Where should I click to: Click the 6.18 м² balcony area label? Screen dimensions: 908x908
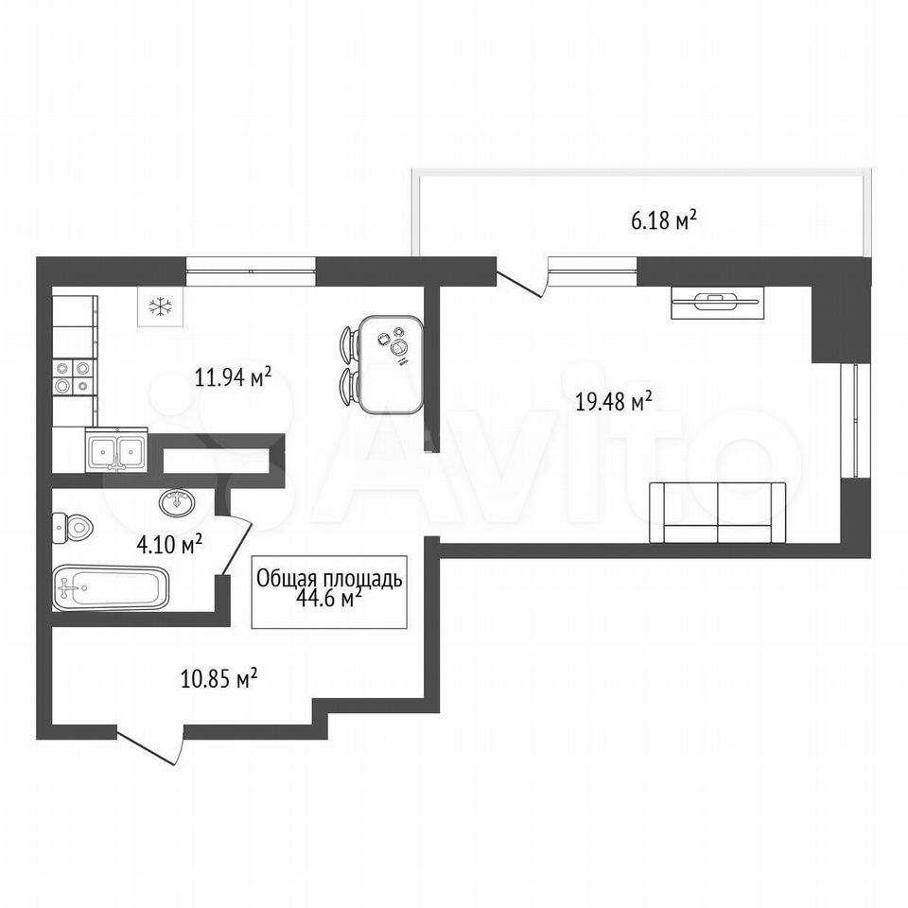pyautogui.click(x=663, y=219)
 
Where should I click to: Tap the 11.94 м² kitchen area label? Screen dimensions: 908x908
pyautogui.click(x=233, y=378)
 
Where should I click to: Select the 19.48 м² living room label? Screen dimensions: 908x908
pyautogui.click(x=614, y=401)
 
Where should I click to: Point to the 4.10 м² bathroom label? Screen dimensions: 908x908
pyautogui.click(x=169, y=544)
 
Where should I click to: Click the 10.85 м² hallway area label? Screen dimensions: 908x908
pyautogui.click(x=219, y=678)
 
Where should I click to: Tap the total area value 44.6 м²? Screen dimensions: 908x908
pyautogui.click(x=328, y=598)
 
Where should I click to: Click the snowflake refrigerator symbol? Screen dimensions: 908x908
pyautogui.click(x=161, y=306)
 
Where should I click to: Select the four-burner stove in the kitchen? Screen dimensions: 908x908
pyautogui.click(x=73, y=376)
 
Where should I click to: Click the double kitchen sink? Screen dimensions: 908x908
pyautogui.click(x=116, y=450)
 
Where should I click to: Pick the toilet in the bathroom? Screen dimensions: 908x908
pyautogui.click(x=73, y=528)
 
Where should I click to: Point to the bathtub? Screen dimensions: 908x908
pyautogui.click(x=111, y=587)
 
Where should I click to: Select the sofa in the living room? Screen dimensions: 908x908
pyautogui.click(x=718, y=513)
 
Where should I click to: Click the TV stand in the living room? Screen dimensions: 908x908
pyautogui.click(x=718, y=303)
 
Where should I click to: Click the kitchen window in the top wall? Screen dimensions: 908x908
pyautogui.click(x=251, y=271)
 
